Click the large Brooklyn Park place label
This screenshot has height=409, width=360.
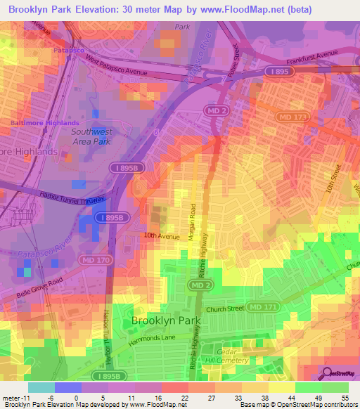166,320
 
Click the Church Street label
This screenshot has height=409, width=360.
225,309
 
